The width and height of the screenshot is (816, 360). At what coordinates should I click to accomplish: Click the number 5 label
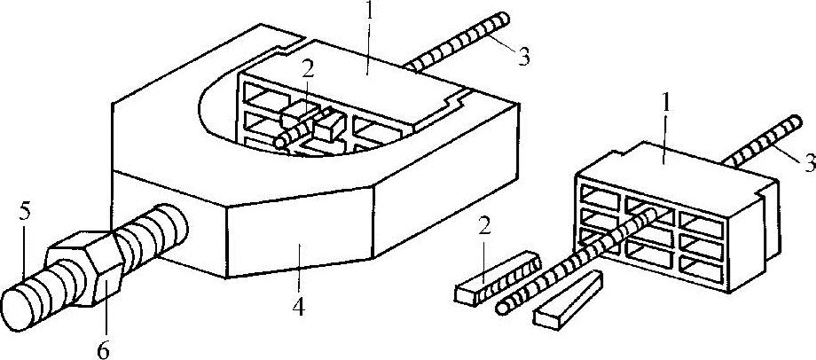[25, 214]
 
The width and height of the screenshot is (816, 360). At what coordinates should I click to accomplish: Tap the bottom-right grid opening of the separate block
[703, 263]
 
